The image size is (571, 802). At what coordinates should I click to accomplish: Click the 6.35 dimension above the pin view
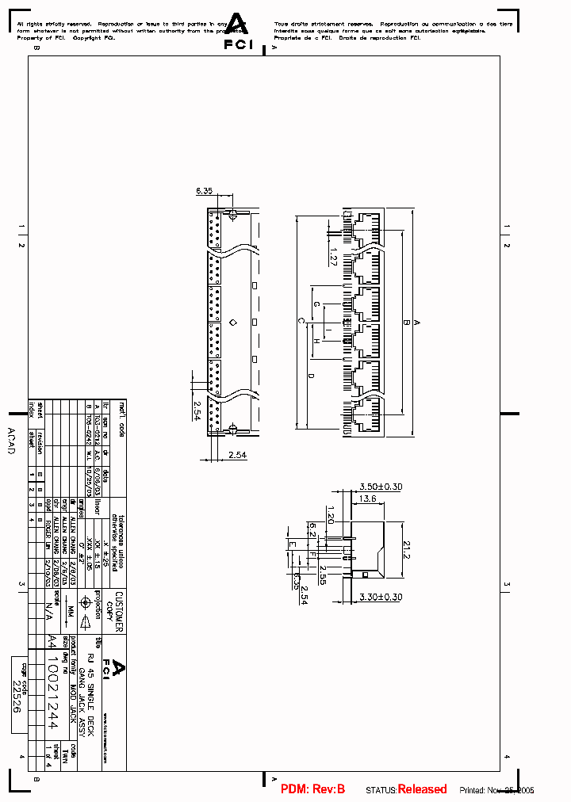coord(205,191)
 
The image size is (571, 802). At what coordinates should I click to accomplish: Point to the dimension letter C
coord(301,320)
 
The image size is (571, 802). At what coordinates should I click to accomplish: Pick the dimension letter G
coord(316,304)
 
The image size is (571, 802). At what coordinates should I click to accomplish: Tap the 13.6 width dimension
coord(367,499)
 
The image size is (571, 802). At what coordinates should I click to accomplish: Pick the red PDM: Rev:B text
coord(312,789)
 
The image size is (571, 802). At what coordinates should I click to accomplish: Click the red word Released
coord(422,789)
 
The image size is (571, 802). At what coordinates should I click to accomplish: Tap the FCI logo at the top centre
coord(236,32)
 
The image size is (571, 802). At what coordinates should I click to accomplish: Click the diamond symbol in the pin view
coord(232,322)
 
